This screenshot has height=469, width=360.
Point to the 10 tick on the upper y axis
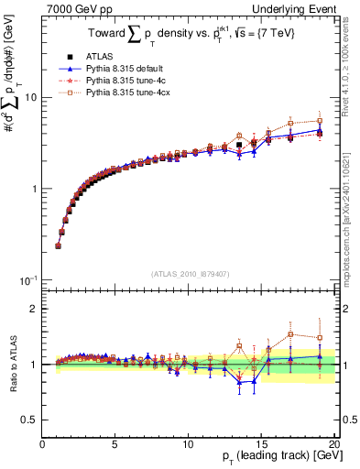click(x=30, y=97)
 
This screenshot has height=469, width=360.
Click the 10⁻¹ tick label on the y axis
click(x=27, y=279)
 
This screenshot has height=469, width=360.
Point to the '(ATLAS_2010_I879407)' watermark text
click(x=189, y=273)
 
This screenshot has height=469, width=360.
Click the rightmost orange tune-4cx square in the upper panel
click(x=320, y=121)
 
